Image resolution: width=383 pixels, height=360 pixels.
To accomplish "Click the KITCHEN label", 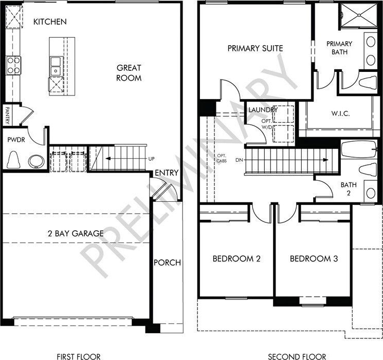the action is tap(50, 22).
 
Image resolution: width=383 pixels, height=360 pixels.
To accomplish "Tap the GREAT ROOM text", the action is tap(129, 73).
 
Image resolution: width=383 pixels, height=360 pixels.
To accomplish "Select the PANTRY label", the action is tap(7, 116).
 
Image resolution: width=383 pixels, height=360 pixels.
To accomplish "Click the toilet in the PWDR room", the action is tap(13, 160).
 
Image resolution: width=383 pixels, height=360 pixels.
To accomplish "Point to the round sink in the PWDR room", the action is tap(37, 161).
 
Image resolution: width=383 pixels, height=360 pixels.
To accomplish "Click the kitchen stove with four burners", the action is tap(13, 65).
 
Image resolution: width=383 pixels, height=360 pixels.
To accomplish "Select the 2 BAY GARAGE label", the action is tap(76, 233).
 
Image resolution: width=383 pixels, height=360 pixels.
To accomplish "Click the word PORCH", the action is tap(167, 262).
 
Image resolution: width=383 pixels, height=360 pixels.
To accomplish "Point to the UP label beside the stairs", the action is tap(152, 159).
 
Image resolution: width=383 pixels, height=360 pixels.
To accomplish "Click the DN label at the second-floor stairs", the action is tap(239, 160).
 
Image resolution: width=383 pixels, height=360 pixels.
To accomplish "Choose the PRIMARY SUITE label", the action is tap(256, 48).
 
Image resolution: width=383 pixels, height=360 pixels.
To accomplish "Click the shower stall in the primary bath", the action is tap(359, 15).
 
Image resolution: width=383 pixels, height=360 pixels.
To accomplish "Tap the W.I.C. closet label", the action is tap(340, 113).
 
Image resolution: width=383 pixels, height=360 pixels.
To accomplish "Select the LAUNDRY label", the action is tap(263, 110).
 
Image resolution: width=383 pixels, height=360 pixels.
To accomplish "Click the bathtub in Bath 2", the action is tap(358, 149).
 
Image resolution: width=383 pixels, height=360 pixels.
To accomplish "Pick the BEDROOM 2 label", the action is tap(236, 258).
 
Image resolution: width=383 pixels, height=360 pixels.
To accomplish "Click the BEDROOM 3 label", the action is tap(314, 258).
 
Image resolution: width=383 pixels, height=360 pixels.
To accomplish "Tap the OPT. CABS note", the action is tap(222, 158).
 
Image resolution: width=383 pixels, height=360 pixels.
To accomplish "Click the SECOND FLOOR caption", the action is tap(297, 356).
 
